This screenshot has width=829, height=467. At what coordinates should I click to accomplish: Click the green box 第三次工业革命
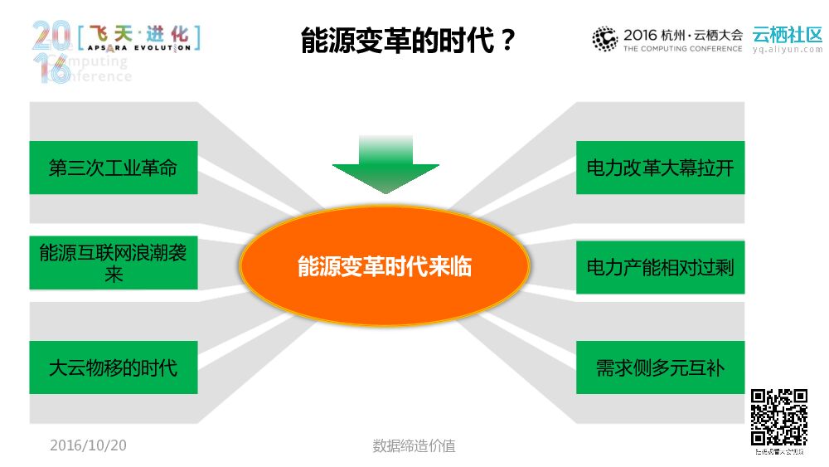[x=114, y=168]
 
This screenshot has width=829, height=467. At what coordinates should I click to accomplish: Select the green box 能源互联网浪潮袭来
[x=114, y=263]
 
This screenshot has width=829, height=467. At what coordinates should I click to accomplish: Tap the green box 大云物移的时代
[x=114, y=367]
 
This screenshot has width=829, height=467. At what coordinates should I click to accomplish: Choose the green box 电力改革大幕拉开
[x=660, y=168]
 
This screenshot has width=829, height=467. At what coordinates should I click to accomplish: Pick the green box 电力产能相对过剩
[x=660, y=267]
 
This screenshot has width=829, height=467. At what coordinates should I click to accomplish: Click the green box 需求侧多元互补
[x=660, y=367]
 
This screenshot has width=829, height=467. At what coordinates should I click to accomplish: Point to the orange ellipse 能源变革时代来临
[x=384, y=266]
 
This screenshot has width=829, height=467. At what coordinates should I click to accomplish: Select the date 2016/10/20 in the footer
[x=88, y=445]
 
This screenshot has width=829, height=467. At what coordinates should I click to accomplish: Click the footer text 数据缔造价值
[x=414, y=445]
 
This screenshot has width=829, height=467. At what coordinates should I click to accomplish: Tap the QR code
[x=779, y=417]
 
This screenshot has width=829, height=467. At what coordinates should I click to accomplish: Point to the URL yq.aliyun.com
[x=788, y=50]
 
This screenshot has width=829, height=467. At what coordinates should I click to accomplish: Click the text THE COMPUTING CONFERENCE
[x=682, y=49]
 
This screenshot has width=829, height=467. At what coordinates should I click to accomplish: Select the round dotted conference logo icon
[x=605, y=39]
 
